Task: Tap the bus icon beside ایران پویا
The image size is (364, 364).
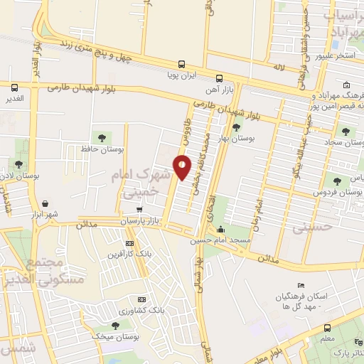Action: pyautogui.click(x=182, y=63)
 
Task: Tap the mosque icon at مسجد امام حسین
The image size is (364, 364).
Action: pyautogui.click(x=222, y=230)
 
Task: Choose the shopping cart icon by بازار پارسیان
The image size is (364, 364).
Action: pyautogui.click(x=139, y=210)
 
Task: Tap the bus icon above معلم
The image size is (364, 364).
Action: pyautogui.click(x=327, y=328)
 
